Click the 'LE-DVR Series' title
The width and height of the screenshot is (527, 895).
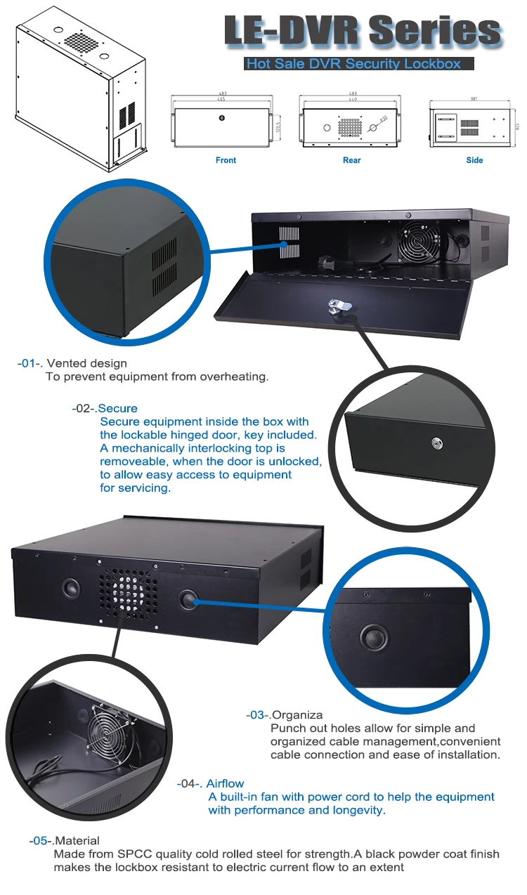point(362,31)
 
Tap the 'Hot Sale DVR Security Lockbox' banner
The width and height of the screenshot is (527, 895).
point(353,64)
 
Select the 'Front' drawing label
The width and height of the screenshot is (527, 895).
point(226,160)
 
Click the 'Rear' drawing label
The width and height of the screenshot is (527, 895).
point(351,160)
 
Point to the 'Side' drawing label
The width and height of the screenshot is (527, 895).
point(474,160)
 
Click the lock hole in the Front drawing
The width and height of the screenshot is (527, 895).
point(223,118)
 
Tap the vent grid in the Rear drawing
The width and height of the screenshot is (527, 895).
point(351,127)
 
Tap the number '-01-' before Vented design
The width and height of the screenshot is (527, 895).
point(30,363)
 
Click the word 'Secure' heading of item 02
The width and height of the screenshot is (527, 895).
point(118,408)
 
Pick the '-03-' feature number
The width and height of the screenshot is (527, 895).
point(257,714)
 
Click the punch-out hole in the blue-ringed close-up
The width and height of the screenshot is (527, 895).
point(373,638)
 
